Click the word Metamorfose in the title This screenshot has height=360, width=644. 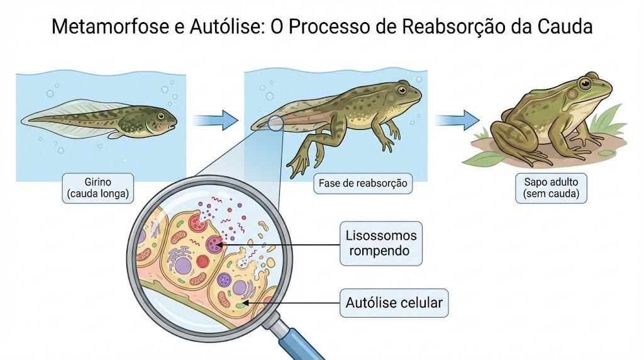(x=111, y=26)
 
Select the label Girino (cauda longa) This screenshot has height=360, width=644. (x=97, y=188)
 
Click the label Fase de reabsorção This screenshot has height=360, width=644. (x=363, y=183)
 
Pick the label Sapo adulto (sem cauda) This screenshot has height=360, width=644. (x=551, y=188)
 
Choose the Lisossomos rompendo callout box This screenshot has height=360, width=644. (x=380, y=244)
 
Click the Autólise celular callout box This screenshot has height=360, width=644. (x=394, y=303)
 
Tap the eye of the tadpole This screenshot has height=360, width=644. (x=161, y=116)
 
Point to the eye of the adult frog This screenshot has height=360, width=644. (x=584, y=84)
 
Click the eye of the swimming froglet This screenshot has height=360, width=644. (x=401, y=90)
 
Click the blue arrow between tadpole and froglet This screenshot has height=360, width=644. (x=215, y=120)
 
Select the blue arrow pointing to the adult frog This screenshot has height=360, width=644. (x=457, y=120)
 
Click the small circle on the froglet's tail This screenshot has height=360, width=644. (x=275, y=123)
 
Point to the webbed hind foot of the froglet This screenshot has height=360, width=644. (x=297, y=165)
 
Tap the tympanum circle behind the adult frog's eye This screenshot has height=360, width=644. (x=572, y=94)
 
